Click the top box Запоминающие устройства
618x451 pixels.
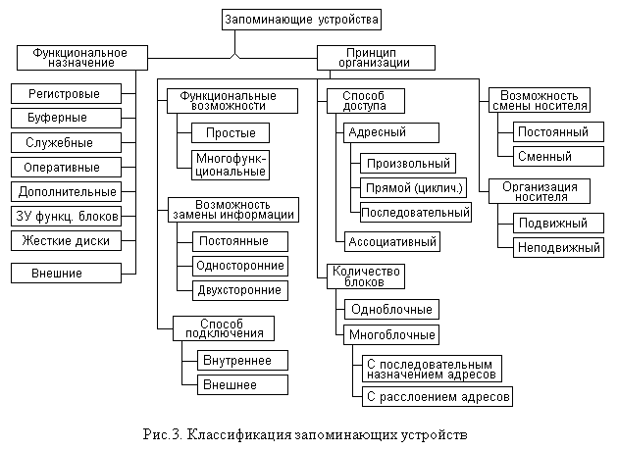click(300, 19)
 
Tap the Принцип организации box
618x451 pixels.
click(364, 57)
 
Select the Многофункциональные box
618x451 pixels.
click(231, 164)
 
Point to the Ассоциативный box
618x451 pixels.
click(391, 240)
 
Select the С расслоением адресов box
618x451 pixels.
click(437, 397)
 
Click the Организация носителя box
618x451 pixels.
click(546, 190)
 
